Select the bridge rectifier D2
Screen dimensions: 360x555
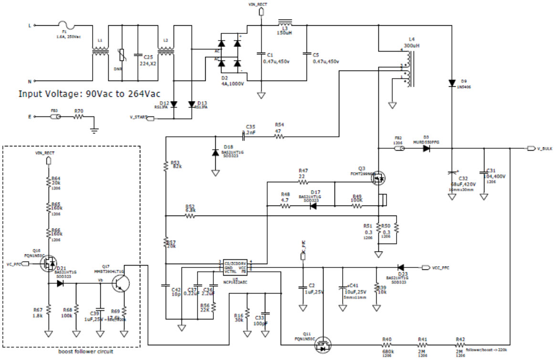tap(229, 51)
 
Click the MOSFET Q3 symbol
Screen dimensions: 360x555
tap(378, 178)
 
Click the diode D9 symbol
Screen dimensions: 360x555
tap(451, 83)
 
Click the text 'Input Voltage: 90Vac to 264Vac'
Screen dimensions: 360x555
tap(89, 93)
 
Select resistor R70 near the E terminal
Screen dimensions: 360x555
tap(79, 116)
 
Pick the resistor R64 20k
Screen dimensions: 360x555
tap(48, 182)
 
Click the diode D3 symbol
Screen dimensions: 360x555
tap(426, 148)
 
